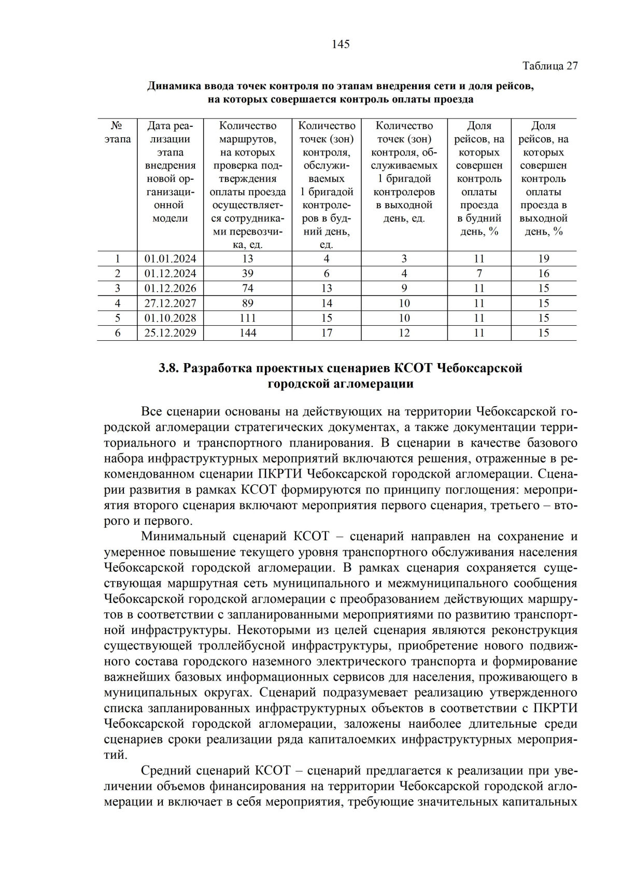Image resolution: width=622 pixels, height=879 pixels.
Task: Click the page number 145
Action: [x=341, y=45]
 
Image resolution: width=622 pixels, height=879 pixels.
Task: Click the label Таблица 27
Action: [x=549, y=66]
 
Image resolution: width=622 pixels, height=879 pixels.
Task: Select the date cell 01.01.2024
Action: [x=170, y=258]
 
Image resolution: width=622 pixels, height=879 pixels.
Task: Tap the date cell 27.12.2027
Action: [x=170, y=303]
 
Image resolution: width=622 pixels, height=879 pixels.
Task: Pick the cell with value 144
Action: [x=248, y=333]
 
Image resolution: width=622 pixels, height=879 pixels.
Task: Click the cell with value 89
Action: [x=248, y=303]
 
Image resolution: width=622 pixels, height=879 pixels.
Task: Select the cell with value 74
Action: [x=248, y=288]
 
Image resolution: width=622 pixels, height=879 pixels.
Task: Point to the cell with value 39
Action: [x=248, y=273]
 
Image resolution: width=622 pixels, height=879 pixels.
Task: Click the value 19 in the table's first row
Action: [x=543, y=258]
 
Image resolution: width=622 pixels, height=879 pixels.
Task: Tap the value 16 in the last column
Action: [x=543, y=273]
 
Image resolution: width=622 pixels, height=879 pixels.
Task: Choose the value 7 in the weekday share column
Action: [x=479, y=273]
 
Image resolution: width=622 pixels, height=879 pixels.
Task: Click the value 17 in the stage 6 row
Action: [x=327, y=333]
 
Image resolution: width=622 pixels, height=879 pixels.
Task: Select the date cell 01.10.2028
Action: [x=170, y=318]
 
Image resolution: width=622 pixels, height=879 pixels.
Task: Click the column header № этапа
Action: [x=117, y=132]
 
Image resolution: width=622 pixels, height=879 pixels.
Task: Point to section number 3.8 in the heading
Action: [x=168, y=368]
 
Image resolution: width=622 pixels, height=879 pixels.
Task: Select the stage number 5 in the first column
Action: [x=117, y=318]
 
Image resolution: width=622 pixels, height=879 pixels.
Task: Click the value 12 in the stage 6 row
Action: [x=404, y=333]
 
